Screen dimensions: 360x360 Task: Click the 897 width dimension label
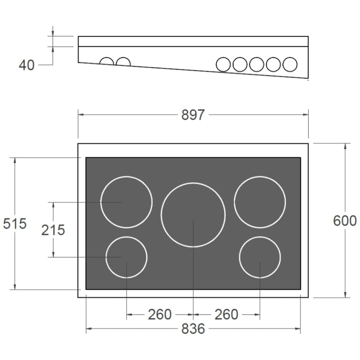[193, 115]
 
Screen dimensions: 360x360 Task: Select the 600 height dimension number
[345, 221]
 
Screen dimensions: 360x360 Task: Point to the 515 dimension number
[15, 223]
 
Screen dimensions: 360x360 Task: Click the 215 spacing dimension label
[53, 230]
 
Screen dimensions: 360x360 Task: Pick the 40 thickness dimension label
[27, 65]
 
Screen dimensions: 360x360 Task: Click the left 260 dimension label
[160, 314]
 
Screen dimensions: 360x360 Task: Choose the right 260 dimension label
[226, 314]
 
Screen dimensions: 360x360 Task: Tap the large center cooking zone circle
[193, 183]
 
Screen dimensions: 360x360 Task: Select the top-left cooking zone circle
[127, 176]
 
